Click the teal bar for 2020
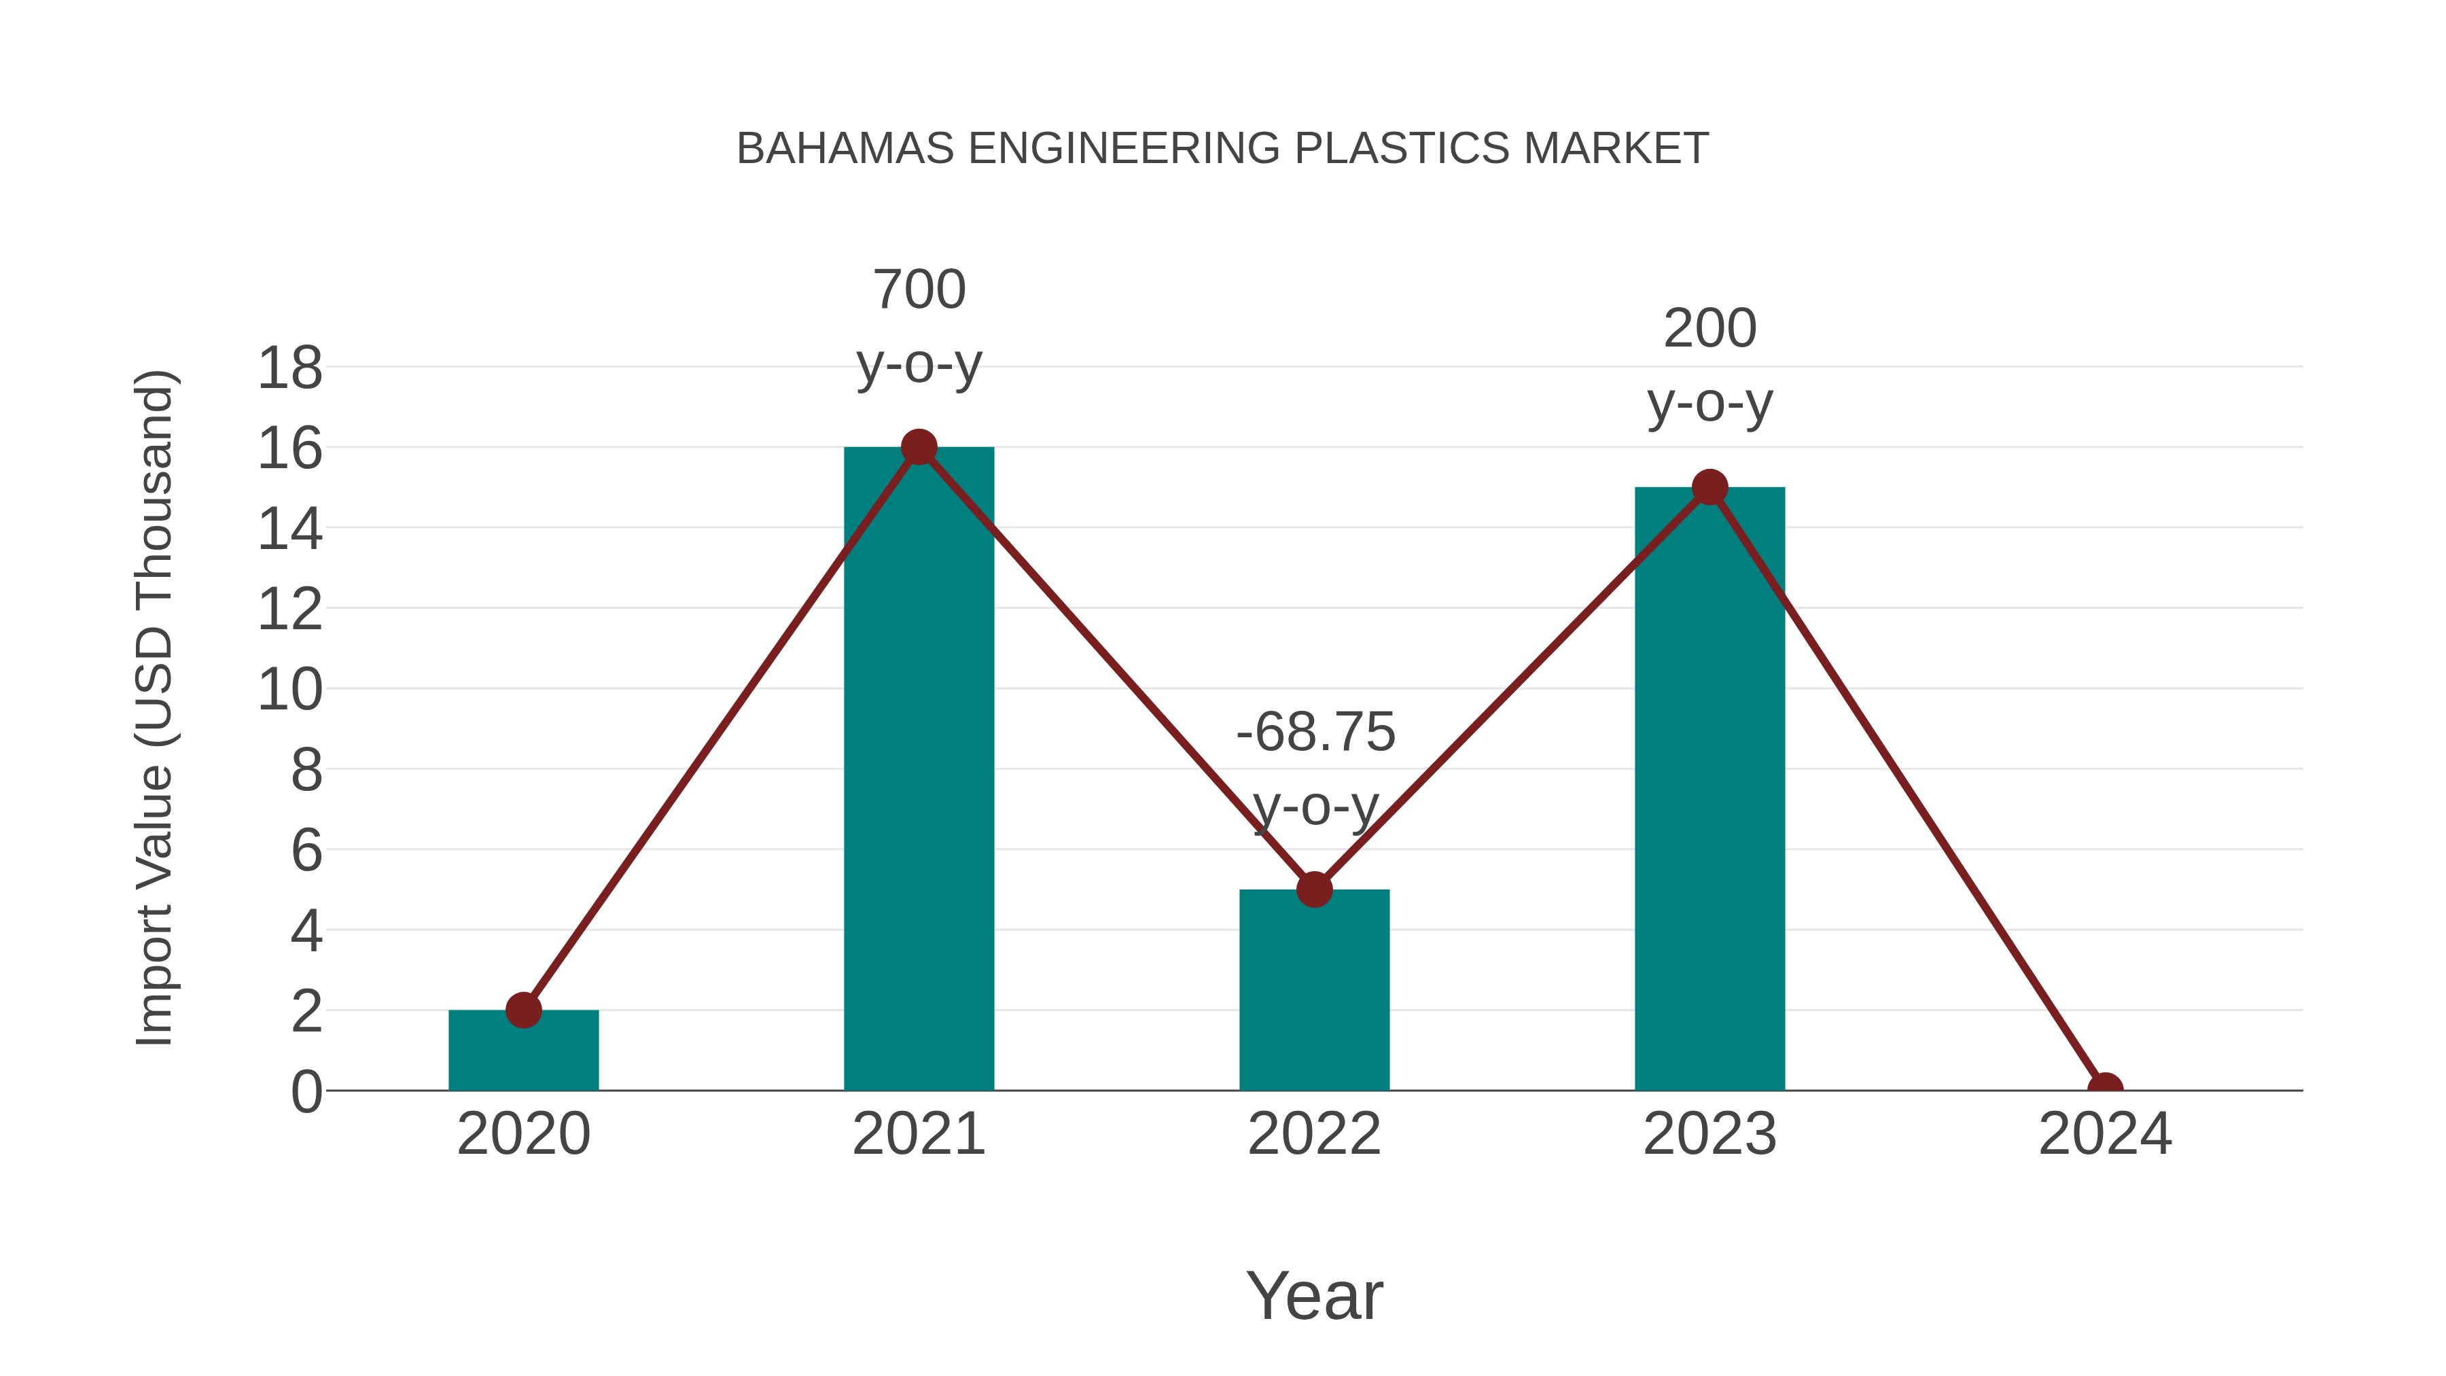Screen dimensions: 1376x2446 (523, 1054)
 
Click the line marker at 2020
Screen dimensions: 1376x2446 (523, 1010)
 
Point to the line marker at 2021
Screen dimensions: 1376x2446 (918, 447)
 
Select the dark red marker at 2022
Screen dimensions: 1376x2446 (1314, 889)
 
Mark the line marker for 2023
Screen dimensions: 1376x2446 (1709, 488)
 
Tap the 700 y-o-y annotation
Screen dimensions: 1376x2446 (918, 327)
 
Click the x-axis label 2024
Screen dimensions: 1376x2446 (2104, 1135)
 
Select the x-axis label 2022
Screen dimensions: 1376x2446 (1314, 1135)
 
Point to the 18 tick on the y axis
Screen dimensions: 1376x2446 (291, 368)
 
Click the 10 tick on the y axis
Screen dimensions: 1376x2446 (291, 690)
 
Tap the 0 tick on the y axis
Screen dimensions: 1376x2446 (306, 1092)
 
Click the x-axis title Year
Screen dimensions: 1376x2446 (1314, 1296)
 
